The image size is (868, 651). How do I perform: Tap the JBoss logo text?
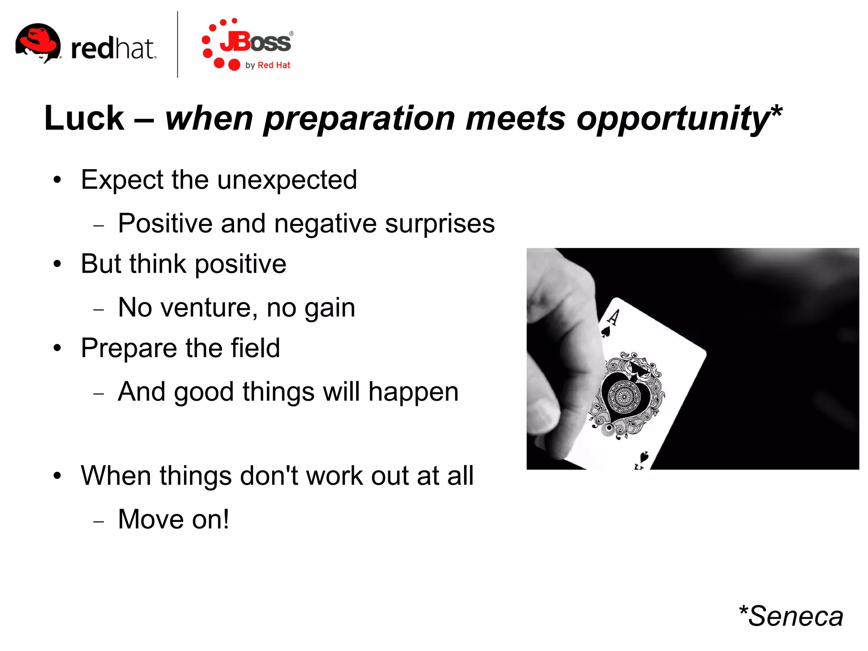click(x=256, y=42)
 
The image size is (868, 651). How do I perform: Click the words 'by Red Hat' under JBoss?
click(x=268, y=65)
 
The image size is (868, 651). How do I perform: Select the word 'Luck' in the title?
click(x=84, y=118)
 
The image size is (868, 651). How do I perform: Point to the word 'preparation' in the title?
click(x=359, y=119)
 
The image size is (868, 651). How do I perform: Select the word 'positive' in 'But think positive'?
click(x=240, y=264)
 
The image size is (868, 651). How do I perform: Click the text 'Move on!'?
click(x=173, y=519)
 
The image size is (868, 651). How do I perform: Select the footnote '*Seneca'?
click(x=790, y=616)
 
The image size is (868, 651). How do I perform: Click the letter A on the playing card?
click(x=613, y=317)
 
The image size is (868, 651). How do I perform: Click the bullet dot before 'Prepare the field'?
click(x=58, y=348)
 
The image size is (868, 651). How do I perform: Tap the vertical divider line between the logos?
click(x=177, y=45)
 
